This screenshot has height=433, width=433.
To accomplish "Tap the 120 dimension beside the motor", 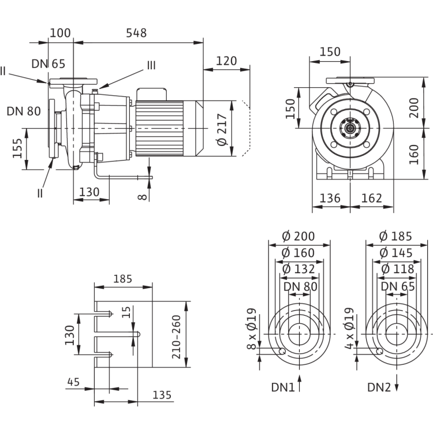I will pos(226,61).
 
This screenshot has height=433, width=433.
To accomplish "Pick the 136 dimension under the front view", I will pos(330,197).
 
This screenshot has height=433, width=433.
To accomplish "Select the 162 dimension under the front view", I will pos(372,197).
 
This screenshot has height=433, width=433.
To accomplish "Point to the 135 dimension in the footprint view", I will pos(163,395).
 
